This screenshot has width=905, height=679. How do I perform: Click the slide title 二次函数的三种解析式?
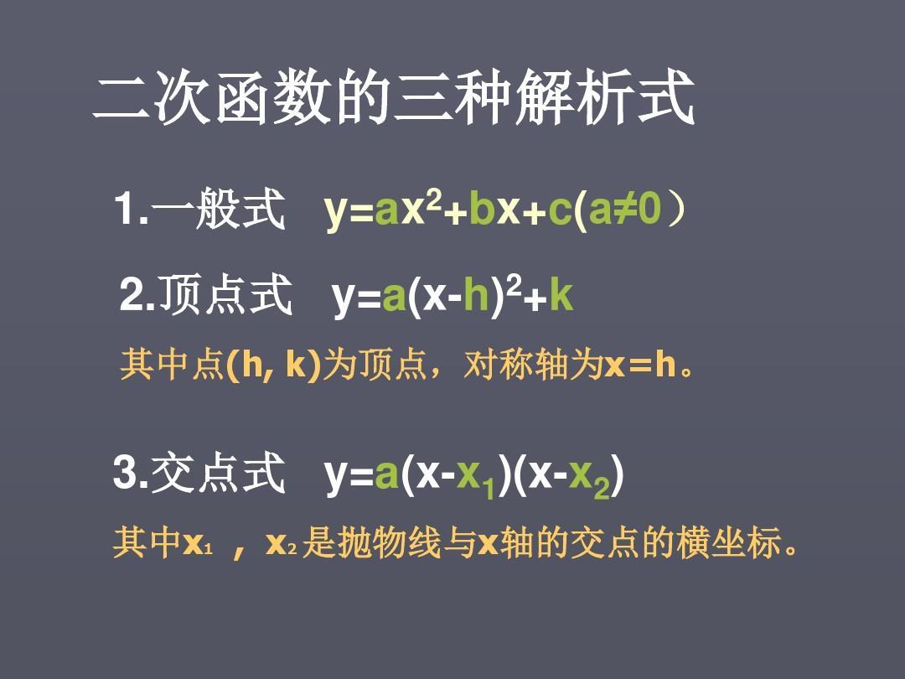394,97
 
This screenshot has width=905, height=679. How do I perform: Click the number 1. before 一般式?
132,209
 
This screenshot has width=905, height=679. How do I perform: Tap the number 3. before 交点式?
131,473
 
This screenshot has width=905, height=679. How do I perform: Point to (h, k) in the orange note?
273,365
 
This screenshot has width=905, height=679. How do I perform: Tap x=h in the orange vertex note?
640,365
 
